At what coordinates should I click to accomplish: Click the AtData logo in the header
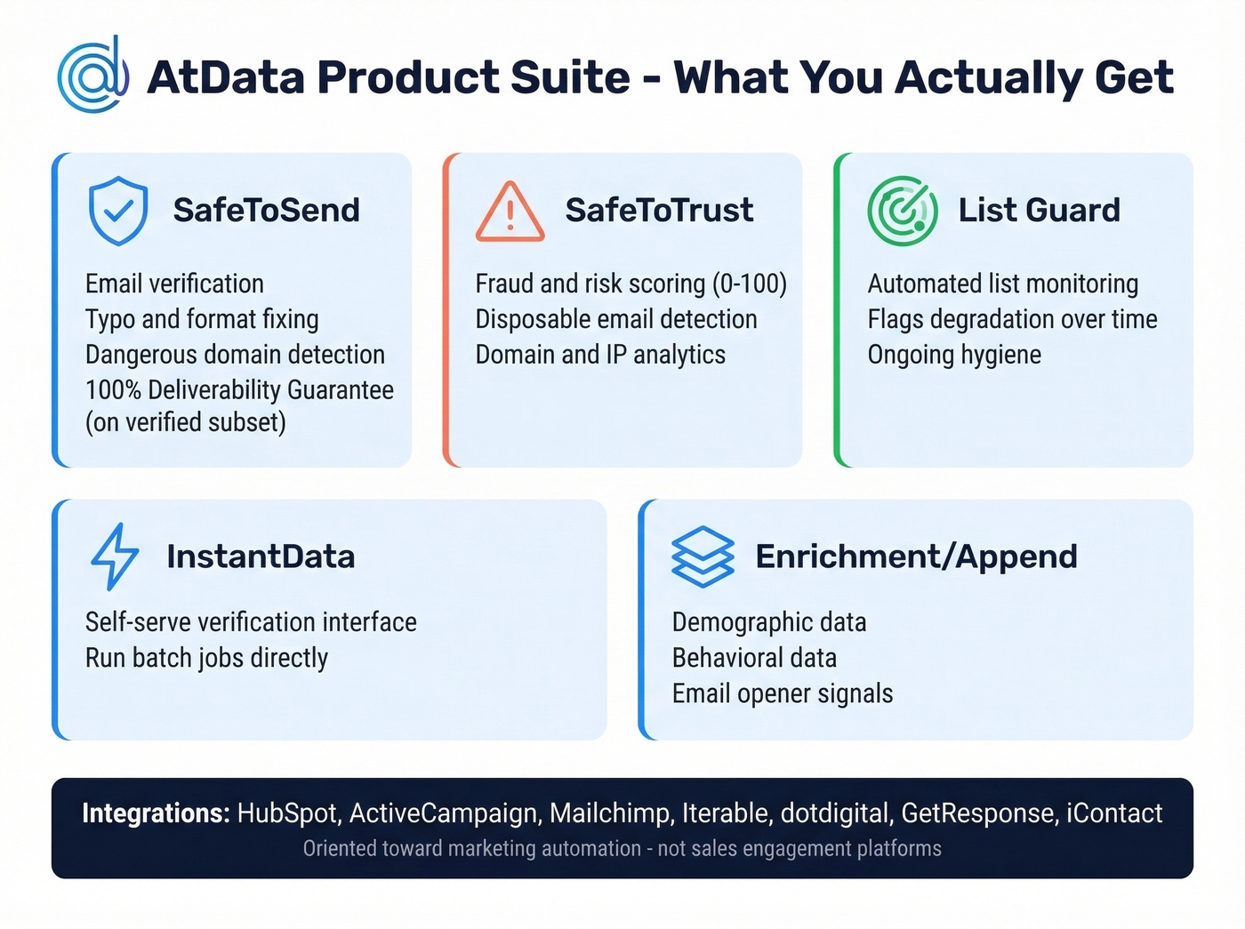point(92,76)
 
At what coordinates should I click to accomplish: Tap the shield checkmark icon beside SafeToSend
point(118,211)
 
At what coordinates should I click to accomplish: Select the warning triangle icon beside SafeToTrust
point(510,212)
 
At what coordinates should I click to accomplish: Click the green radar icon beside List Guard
point(902,211)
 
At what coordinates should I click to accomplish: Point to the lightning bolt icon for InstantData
point(115,557)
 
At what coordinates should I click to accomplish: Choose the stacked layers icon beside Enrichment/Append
point(703,557)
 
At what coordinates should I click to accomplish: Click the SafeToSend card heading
point(266,211)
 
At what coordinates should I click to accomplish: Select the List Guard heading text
point(1039,211)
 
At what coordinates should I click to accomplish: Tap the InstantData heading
point(261,557)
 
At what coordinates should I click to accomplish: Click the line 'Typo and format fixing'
point(202,319)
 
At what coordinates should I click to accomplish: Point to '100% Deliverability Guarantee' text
point(239,390)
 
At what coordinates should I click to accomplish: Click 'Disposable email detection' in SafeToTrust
point(616,319)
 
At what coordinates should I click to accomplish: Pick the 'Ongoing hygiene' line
point(954,355)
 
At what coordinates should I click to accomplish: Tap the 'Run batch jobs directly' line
point(206,658)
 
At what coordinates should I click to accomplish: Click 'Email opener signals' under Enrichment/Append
point(783,693)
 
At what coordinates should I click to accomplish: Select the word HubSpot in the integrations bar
point(287,813)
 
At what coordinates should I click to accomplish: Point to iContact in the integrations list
point(1114,813)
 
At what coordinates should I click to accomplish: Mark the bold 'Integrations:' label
point(156,813)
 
